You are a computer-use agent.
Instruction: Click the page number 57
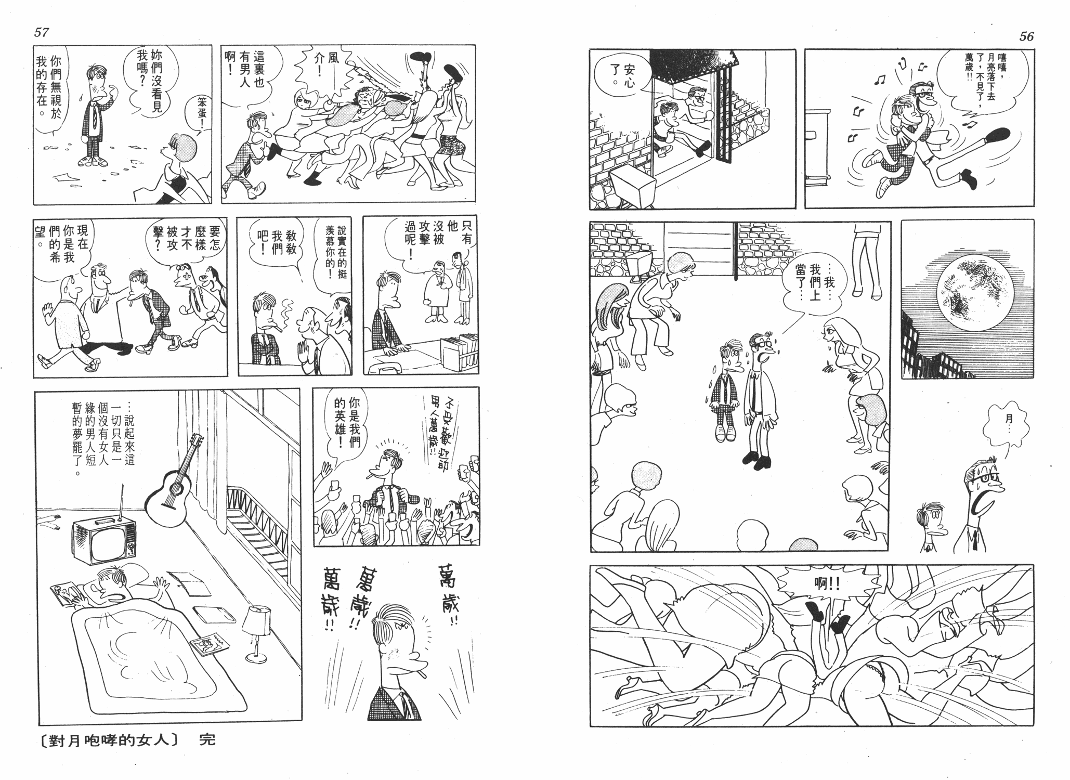pos(41,32)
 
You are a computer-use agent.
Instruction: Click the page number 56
pos(1026,36)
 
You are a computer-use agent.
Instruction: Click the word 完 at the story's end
pos(207,739)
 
